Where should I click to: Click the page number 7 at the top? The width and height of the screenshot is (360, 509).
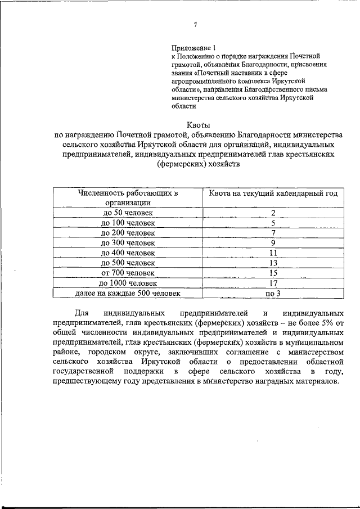pos(195,25)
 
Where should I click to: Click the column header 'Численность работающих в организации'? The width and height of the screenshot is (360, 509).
pos(128,198)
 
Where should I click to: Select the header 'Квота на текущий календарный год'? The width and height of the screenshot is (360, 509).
pos(273,193)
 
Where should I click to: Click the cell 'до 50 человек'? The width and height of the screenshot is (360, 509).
pos(128,213)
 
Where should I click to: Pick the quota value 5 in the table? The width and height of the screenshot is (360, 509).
pos(273,223)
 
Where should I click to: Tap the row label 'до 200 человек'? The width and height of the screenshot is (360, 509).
pos(128,233)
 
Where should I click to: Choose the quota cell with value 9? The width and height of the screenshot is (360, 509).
pos(273,243)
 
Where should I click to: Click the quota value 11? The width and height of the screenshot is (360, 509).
pos(273,253)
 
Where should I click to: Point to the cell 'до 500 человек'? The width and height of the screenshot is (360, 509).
pos(128,263)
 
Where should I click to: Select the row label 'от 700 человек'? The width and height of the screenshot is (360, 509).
pos(128,273)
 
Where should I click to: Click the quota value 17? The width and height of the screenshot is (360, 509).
pos(273,283)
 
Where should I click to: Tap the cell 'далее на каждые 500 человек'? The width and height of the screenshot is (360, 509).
pos(128,293)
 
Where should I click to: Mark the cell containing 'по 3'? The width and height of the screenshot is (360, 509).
pos(273,293)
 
